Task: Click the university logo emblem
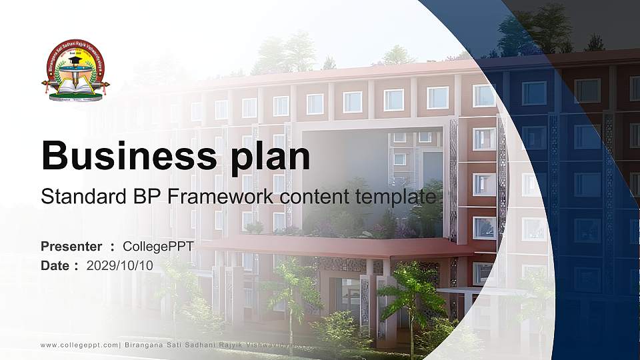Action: pos(75,70)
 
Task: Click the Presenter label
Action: pos(71,247)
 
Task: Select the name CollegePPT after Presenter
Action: pos(158,247)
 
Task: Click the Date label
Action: pos(55,265)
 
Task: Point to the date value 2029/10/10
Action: pos(120,265)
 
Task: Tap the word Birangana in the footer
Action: pos(147,345)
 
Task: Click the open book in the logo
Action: pos(75,85)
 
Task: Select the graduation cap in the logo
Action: pos(75,61)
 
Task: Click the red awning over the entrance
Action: pos(333,248)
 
